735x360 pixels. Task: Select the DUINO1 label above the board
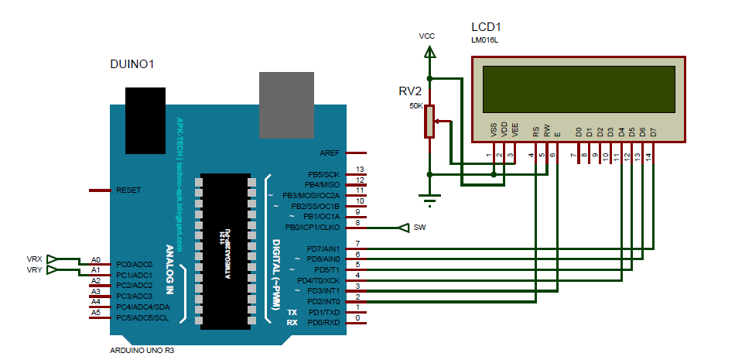[x=133, y=65]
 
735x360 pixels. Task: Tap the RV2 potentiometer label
[x=410, y=91]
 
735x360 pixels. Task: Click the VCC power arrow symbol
[x=429, y=53]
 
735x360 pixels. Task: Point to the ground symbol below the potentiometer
[x=430, y=200]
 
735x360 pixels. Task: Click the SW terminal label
[x=419, y=228]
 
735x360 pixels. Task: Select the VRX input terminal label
[x=35, y=259]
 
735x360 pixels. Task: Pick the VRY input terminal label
[x=35, y=269]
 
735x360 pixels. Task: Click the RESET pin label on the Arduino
[x=128, y=190]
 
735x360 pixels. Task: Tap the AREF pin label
[x=330, y=153]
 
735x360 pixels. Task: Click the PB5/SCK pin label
[x=323, y=174]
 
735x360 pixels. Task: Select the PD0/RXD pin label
[x=323, y=322]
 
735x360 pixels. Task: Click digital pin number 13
[x=359, y=170]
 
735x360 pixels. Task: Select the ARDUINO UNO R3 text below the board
[x=143, y=350]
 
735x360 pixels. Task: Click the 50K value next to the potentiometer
[x=415, y=106]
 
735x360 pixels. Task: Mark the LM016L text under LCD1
[x=484, y=39]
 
